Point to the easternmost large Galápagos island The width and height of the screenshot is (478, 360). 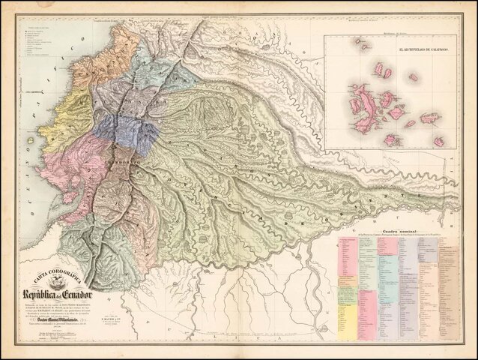430,118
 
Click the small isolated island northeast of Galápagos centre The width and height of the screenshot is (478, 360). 412,76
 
